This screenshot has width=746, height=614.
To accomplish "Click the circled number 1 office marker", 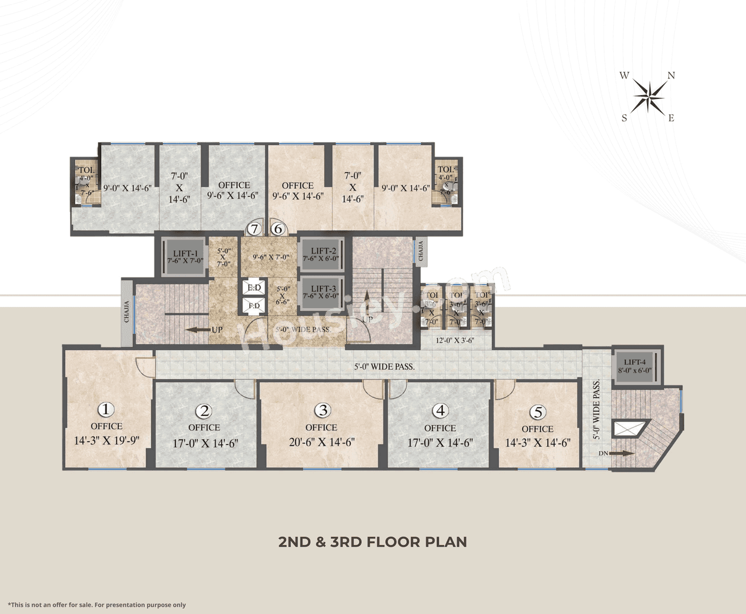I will click(x=105, y=410).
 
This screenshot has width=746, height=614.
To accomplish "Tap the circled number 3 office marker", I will click(x=322, y=410).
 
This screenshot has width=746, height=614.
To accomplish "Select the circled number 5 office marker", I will click(x=537, y=412).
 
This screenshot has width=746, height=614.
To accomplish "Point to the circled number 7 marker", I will click(x=254, y=229).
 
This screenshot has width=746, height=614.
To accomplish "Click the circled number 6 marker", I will click(x=278, y=229).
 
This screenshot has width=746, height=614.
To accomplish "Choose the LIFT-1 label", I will click(x=185, y=254).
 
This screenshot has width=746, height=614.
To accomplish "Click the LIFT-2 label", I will click(x=323, y=251).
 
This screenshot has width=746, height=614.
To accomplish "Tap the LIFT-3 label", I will click(x=323, y=288).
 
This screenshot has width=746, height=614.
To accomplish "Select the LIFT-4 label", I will click(x=635, y=362).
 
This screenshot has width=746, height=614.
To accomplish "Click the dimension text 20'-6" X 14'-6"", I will click(x=322, y=442).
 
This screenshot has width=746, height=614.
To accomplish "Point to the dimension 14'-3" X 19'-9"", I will click(x=107, y=440).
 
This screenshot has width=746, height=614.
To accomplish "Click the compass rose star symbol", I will click(x=649, y=96).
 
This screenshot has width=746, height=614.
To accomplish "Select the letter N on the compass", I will click(x=671, y=76).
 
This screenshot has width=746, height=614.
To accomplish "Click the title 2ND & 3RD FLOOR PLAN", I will click(x=373, y=542).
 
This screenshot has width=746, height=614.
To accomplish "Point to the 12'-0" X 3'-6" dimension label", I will click(x=455, y=341).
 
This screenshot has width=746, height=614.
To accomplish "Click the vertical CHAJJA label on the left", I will click(x=126, y=312).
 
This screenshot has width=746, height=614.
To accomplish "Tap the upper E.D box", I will click(x=254, y=288).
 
